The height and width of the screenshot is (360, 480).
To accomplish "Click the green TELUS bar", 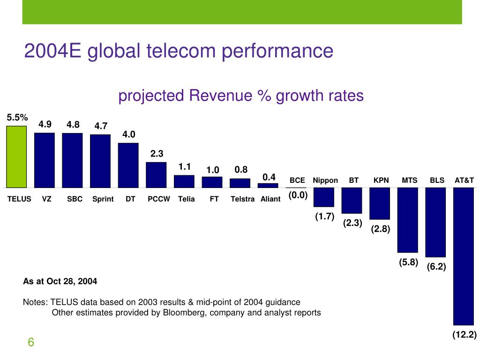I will pyautogui.click(x=16, y=157).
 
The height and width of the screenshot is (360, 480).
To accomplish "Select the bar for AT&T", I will pyautogui.click(x=464, y=256).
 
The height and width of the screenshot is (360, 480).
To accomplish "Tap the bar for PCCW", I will pyautogui.click(x=156, y=175).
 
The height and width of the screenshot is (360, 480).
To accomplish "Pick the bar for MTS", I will pyautogui.click(x=407, y=220).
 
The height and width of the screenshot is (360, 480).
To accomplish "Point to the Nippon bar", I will pyautogui.click(x=323, y=197).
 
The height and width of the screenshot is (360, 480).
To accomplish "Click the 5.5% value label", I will pyautogui.click(x=17, y=118).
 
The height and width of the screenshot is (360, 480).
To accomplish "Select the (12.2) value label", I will pyautogui.click(x=464, y=335).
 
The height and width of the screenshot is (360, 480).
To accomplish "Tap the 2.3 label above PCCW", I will pyautogui.click(x=157, y=154).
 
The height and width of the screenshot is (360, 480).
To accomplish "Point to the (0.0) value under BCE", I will pyautogui.click(x=297, y=195).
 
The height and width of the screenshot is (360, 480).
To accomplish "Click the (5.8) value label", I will pyautogui.click(x=408, y=262).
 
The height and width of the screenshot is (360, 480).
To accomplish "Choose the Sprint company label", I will pyautogui.click(x=103, y=199).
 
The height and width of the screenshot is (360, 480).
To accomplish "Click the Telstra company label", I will pyautogui.click(x=242, y=199).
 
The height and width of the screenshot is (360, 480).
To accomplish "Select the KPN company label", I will pyautogui.click(x=381, y=180).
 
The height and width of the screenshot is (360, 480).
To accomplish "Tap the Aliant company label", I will pyautogui.click(x=270, y=199).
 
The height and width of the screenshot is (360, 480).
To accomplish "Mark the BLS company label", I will pyautogui.click(x=437, y=180).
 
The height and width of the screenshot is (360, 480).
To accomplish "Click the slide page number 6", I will pyautogui.click(x=31, y=343).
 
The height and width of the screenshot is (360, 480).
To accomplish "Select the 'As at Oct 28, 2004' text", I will pyautogui.click(x=60, y=282).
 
